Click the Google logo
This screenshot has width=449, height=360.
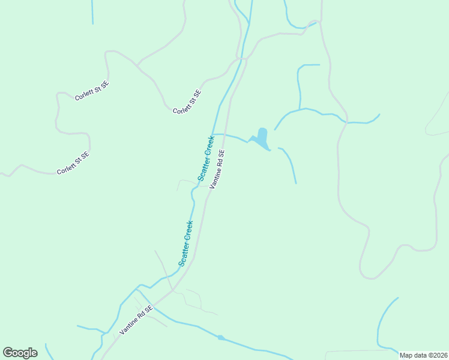click(x=20, y=353)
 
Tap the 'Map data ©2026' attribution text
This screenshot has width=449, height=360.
click(x=423, y=355)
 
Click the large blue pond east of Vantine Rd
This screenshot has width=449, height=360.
click(x=262, y=137)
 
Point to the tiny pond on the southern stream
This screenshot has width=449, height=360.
click(x=221, y=338)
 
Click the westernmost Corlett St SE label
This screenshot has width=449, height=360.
click(x=73, y=163)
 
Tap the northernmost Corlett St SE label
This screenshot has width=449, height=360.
click(x=92, y=91)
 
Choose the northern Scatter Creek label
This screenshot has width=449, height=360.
click(x=206, y=158)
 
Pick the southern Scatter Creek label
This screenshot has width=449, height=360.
click(x=185, y=243)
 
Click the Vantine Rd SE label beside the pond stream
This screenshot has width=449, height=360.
click(x=217, y=169)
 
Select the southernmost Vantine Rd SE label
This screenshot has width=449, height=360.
click(x=136, y=319)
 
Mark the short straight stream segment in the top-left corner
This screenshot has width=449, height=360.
click(x=92, y=12)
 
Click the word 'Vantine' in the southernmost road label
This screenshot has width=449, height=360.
click(x=129, y=325)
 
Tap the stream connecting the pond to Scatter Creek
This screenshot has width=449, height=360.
click(x=231, y=136)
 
